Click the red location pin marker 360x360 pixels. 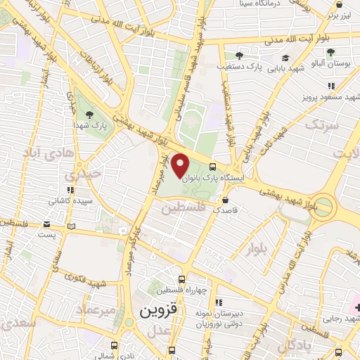tap(181, 165)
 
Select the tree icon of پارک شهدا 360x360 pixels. tap(89, 114)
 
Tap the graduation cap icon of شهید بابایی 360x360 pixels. tap(285, 58)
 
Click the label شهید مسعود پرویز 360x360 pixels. tap(330, 97)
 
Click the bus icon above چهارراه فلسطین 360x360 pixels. tap(183, 279)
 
